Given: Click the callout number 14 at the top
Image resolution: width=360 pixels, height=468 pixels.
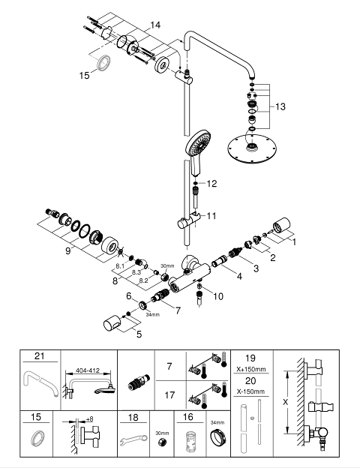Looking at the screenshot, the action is (155, 25).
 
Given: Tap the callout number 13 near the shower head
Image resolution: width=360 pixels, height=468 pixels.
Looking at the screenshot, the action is (280, 106).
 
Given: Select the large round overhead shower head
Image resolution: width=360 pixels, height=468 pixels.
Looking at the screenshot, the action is (250, 149).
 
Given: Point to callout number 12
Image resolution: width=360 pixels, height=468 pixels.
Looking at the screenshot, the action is (211, 184).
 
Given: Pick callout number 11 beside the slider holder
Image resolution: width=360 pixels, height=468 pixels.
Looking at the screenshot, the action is (211, 216).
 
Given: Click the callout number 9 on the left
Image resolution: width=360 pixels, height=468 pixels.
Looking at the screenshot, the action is (68, 251).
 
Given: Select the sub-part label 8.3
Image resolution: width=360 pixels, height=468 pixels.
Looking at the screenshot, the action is (136, 272).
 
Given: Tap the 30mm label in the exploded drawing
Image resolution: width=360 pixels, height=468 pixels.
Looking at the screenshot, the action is (167, 265).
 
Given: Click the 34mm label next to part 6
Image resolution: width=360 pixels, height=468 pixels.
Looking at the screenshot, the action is (153, 314).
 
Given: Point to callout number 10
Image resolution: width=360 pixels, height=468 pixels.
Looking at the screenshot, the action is (218, 296).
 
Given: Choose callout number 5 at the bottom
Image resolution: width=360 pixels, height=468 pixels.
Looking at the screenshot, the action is (139, 334).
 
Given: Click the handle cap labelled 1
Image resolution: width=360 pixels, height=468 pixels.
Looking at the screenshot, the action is (281, 224).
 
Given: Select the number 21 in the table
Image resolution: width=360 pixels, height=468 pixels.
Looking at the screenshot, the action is (40, 356).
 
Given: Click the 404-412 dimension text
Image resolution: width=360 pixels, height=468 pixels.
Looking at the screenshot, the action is (88, 370).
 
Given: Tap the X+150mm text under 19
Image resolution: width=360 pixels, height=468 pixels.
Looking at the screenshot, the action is (251, 369).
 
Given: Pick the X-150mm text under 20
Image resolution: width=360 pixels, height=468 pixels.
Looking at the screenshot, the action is (251, 391).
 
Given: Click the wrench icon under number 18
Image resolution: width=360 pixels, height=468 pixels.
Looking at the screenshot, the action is (133, 439).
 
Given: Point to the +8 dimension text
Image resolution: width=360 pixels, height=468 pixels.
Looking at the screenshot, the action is (89, 419).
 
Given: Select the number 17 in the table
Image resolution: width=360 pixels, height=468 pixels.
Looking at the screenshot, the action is (169, 395).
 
